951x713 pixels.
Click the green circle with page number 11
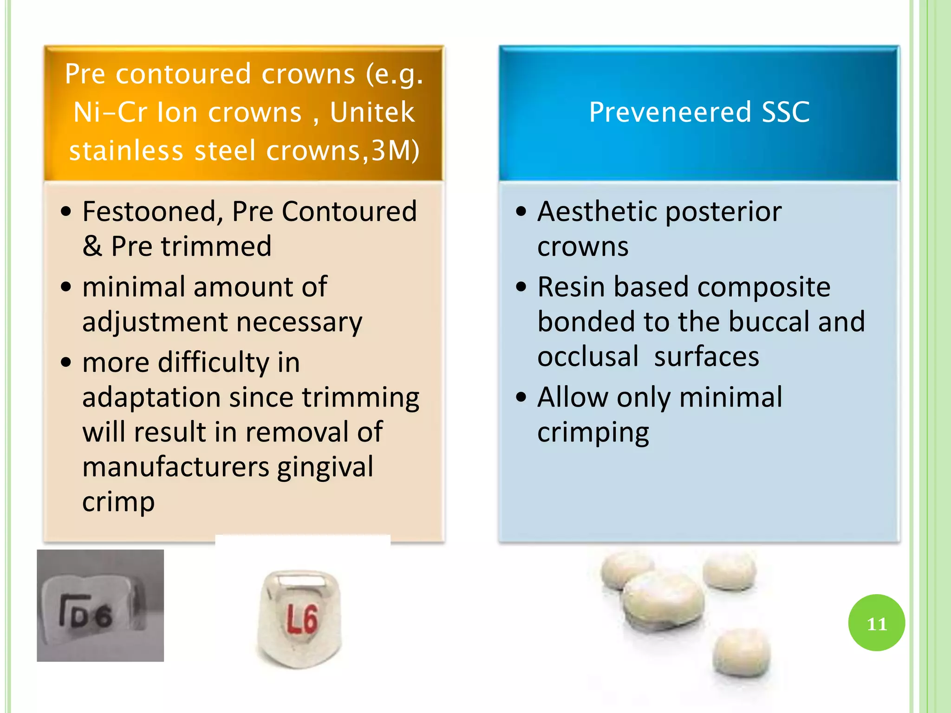click(876, 622)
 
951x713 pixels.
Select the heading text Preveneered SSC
click(699, 112)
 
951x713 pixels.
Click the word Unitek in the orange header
click(372, 112)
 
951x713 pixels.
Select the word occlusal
click(588, 356)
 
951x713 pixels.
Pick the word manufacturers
click(176, 467)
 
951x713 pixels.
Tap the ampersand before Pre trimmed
click(92, 246)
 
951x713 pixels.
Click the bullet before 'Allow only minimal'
click(521, 397)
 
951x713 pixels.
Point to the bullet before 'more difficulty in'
click(66, 362)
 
